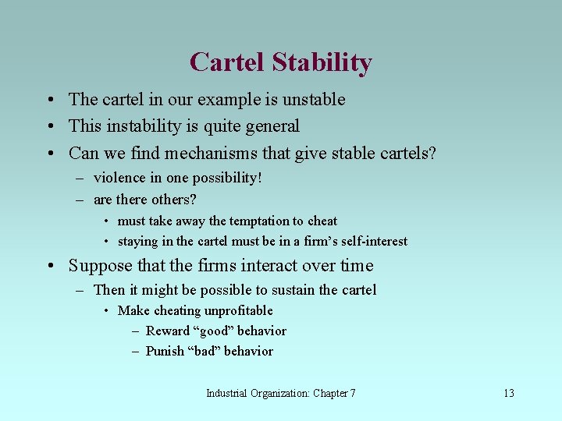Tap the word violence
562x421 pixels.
point(119,178)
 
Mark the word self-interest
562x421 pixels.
point(374,242)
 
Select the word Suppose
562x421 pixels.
point(98,266)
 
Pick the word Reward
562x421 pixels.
point(167,331)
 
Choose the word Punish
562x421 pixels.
point(165,351)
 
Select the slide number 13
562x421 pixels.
point(508,393)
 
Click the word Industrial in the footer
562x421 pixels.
point(226,393)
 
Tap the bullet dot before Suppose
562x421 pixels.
point(49,267)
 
